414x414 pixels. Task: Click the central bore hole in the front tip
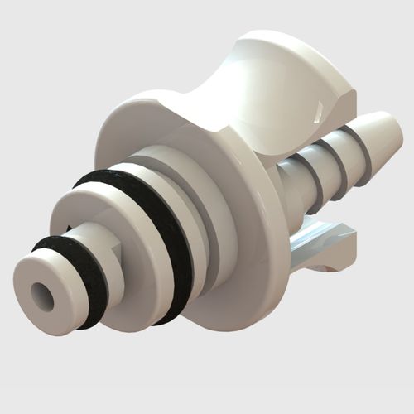(42, 296)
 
